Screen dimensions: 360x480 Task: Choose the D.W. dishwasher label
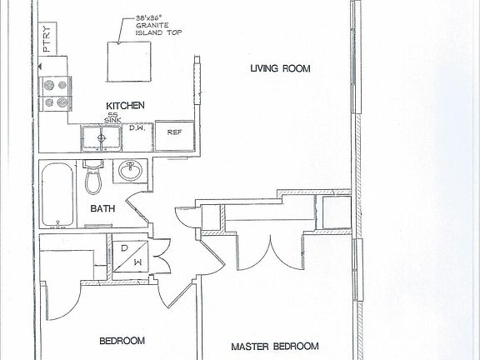tap(137, 127)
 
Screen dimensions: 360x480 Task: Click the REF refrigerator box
tap(175, 132)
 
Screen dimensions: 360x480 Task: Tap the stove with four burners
tap(55, 93)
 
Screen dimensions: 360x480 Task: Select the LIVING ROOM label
tap(279, 70)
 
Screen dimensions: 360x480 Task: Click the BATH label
tap(102, 210)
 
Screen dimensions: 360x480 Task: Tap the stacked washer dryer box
tap(129, 257)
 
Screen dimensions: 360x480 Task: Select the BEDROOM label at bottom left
tap(122, 341)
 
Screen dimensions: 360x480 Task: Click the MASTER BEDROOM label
tap(275, 346)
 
